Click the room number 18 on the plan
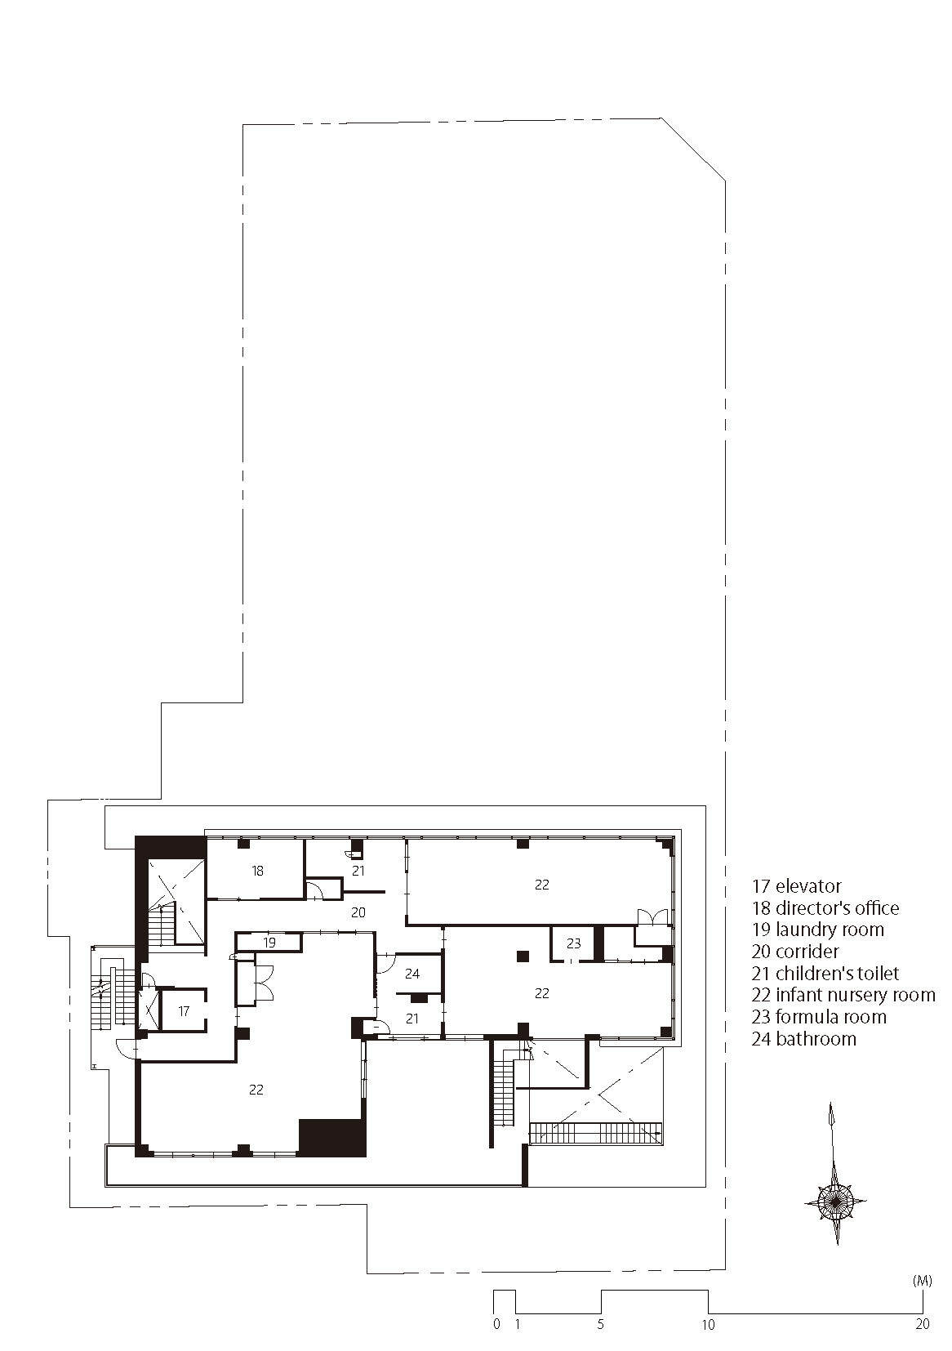(258, 871)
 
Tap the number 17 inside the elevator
(184, 1011)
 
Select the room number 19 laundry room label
(269, 942)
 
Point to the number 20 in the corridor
(358, 912)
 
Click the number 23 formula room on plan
(573, 943)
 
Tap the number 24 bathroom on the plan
(411, 974)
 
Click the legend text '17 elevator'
(797, 886)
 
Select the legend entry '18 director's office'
(825, 908)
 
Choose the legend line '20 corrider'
(795, 952)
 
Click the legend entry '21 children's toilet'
(825, 974)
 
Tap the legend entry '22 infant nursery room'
(843, 995)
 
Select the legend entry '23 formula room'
(819, 1017)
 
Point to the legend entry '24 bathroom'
(804, 1039)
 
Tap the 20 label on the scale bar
(922, 1325)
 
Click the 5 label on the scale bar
(601, 1325)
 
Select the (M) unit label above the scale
(922, 1282)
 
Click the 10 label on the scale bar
(708, 1325)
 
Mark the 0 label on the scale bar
(496, 1325)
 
